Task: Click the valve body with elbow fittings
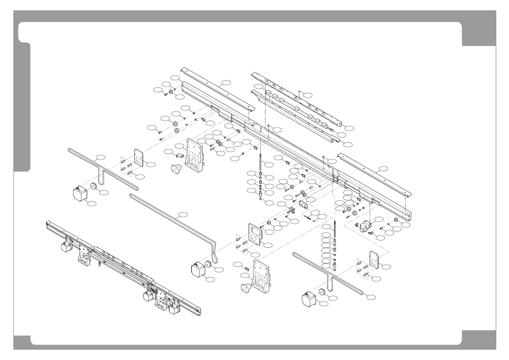pyautogui.click(x=365, y=226)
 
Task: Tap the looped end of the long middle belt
pyautogui.click(x=215, y=254)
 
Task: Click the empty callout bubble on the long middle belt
pyautogui.click(x=183, y=215)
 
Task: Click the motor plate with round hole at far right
pyautogui.click(x=375, y=260)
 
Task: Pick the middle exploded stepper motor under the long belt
pyautogui.click(x=198, y=270)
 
